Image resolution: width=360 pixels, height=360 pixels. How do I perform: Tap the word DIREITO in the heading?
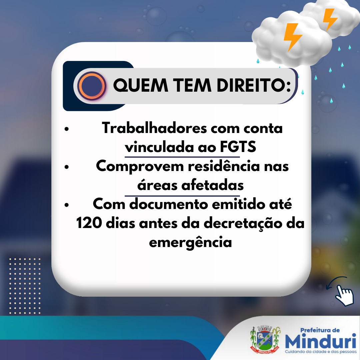[x=251, y=85]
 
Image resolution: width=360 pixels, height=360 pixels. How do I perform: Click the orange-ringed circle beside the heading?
[x=92, y=86]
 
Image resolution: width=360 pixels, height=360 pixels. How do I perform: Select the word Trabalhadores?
[x=155, y=128]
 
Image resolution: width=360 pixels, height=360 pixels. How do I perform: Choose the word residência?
[x=224, y=166]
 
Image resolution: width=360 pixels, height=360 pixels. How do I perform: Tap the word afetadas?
[x=212, y=185]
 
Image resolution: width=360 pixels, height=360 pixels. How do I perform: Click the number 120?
[x=89, y=223]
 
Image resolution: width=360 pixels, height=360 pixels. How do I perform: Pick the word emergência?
[x=190, y=242]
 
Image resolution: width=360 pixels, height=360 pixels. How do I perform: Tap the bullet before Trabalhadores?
[x=67, y=129]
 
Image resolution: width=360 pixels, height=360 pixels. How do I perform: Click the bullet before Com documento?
[x=67, y=205]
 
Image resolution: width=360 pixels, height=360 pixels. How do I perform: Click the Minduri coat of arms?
[x=265, y=339]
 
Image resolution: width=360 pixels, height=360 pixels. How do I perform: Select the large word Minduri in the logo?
[x=321, y=341]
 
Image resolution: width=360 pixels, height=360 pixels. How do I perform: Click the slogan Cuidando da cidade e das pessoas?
[x=321, y=352]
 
